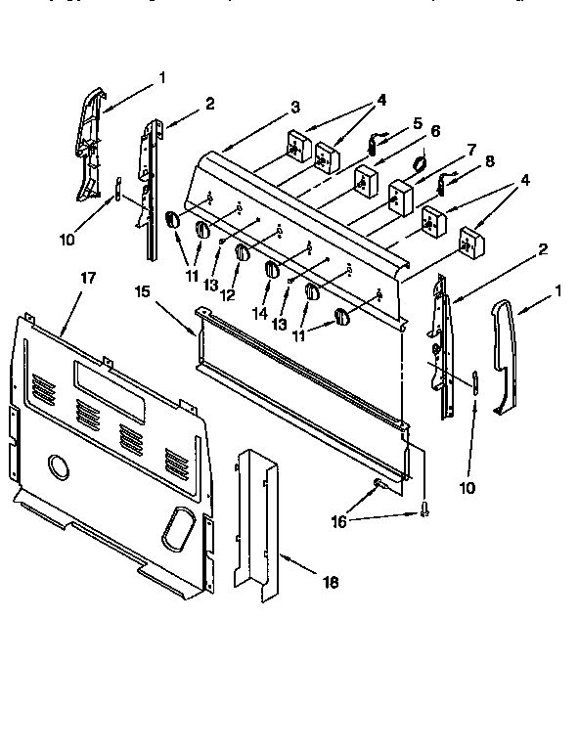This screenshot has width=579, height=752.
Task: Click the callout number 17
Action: tap(88, 279)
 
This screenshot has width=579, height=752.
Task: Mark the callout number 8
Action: tap(490, 162)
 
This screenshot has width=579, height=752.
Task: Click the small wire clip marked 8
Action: tap(449, 179)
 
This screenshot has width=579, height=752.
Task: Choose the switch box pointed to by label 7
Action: tap(398, 198)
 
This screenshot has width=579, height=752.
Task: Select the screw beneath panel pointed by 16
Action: tap(423, 508)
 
